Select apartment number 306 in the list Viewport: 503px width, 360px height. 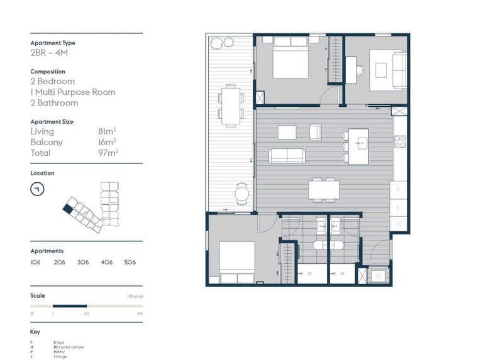pos(82,262)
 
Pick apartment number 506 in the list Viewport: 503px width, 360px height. pos(130,262)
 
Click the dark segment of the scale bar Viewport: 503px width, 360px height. pos(70,306)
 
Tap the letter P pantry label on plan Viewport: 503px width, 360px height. pos(398,189)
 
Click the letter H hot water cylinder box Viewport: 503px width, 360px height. pos(398,224)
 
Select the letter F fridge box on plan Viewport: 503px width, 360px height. pos(398,207)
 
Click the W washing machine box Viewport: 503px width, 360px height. pos(379,275)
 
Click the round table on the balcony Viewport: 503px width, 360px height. pos(241,194)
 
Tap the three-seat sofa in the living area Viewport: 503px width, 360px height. pos(286,155)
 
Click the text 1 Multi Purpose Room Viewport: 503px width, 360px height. pos(73,92)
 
